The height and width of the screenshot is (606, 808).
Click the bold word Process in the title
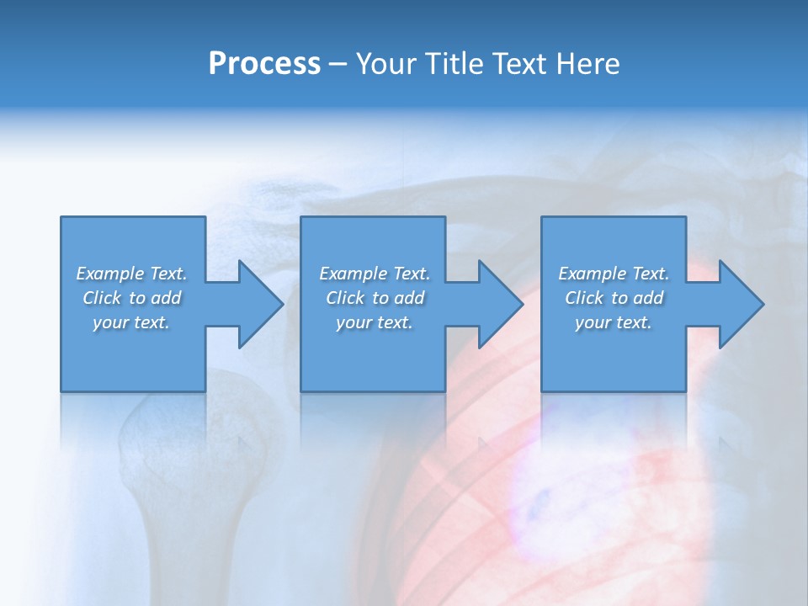pyautogui.click(x=264, y=64)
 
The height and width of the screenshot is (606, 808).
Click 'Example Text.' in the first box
pyautogui.click(x=131, y=274)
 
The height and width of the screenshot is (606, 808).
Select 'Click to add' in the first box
pyautogui.click(x=131, y=298)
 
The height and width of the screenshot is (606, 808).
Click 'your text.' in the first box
pyautogui.click(x=131, y=322)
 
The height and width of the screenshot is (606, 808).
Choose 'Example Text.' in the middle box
pyautogui.click(x=374, y=274)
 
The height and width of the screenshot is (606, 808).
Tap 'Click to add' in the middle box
pyautogui.click(x=374, y=298)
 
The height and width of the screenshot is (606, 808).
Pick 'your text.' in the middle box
pyautogui.click(x=374, y=322)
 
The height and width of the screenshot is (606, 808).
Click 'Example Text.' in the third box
pyautogui.click(x=614, y=274)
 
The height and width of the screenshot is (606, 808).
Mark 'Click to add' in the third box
pyautogui.click(x=614, y=298)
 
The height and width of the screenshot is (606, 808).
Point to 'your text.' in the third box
pyautogui.click(x=614, y=322)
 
